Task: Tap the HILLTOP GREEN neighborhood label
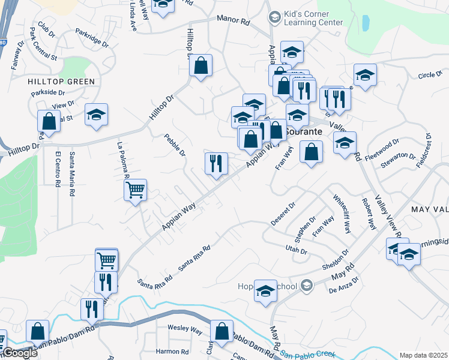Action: [61, 81]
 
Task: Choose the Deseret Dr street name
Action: [283, 214]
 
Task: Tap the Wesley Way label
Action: [184, 329]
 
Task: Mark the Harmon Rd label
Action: [172, 352]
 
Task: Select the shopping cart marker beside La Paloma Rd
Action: [136, 190]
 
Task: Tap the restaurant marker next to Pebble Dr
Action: [216, 163]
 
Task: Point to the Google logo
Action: [19, 353]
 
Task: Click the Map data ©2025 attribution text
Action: [423, 355]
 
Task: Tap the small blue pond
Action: [366, 23]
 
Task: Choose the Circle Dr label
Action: [429, 75]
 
